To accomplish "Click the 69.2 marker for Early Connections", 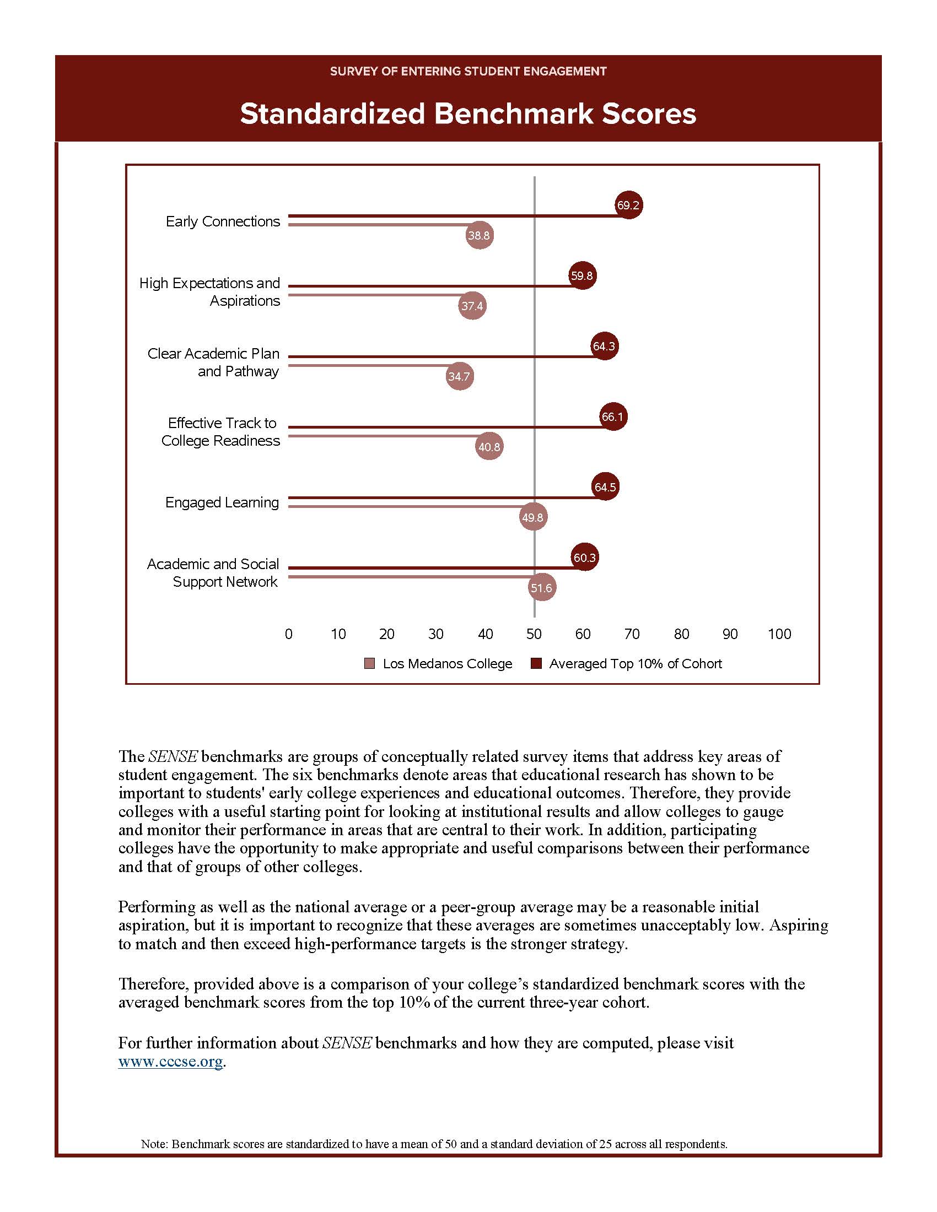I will [x=628, y=205].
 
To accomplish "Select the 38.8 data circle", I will [x=479, y=235].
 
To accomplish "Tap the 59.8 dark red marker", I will [x=582, y=276].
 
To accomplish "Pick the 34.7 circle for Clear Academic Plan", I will [x=459, y=376].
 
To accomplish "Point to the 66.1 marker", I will [x=613, y=417].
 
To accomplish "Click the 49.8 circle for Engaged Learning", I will [x=532, y=517].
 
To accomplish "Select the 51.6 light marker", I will [x=541, y=588].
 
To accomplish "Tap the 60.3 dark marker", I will [x=584, y=558].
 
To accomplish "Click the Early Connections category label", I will [x=223, y=221].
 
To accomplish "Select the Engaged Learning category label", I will [x=222, y=502].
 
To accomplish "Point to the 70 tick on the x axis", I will [x=632, y=634].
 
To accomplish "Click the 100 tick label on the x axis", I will [x=779, y=634].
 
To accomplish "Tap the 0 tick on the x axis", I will [x=289, y=634].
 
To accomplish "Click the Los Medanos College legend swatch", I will [x=369, y=664].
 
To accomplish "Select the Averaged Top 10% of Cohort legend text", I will [x=635, y=664].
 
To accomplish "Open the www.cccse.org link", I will [x=170, y=1062].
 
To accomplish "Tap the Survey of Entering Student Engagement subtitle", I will [x=468, y=71].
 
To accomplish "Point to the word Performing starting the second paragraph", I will [x=157, y=907].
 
